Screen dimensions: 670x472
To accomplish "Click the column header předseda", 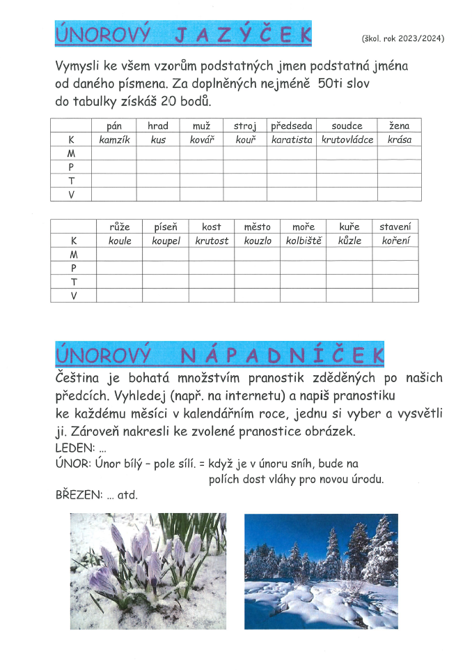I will point(292,126).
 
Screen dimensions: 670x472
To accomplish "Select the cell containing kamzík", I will point(114,139).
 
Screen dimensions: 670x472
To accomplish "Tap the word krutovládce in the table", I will point(347,139).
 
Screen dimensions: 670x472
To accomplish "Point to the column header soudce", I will point(347,126).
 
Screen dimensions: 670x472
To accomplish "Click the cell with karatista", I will point(292,139).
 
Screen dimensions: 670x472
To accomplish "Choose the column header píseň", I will point(166,227).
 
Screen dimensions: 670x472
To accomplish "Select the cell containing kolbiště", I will point(303,241).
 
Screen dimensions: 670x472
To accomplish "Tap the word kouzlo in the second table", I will point(257,241).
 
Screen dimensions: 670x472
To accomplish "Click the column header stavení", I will point(395,227).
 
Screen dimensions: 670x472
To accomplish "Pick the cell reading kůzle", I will point(349,241).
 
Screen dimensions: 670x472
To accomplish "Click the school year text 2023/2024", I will point(402,38).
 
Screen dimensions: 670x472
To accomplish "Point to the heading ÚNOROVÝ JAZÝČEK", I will point(182,34).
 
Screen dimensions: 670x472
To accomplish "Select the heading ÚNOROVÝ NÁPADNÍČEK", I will point(219,354).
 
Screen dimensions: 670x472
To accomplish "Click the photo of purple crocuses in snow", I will point(148,572).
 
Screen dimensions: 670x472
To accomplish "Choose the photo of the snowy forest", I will point(321,572).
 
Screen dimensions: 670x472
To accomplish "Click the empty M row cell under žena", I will point(399,153).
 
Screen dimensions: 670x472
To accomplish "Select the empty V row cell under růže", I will point(120,296).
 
